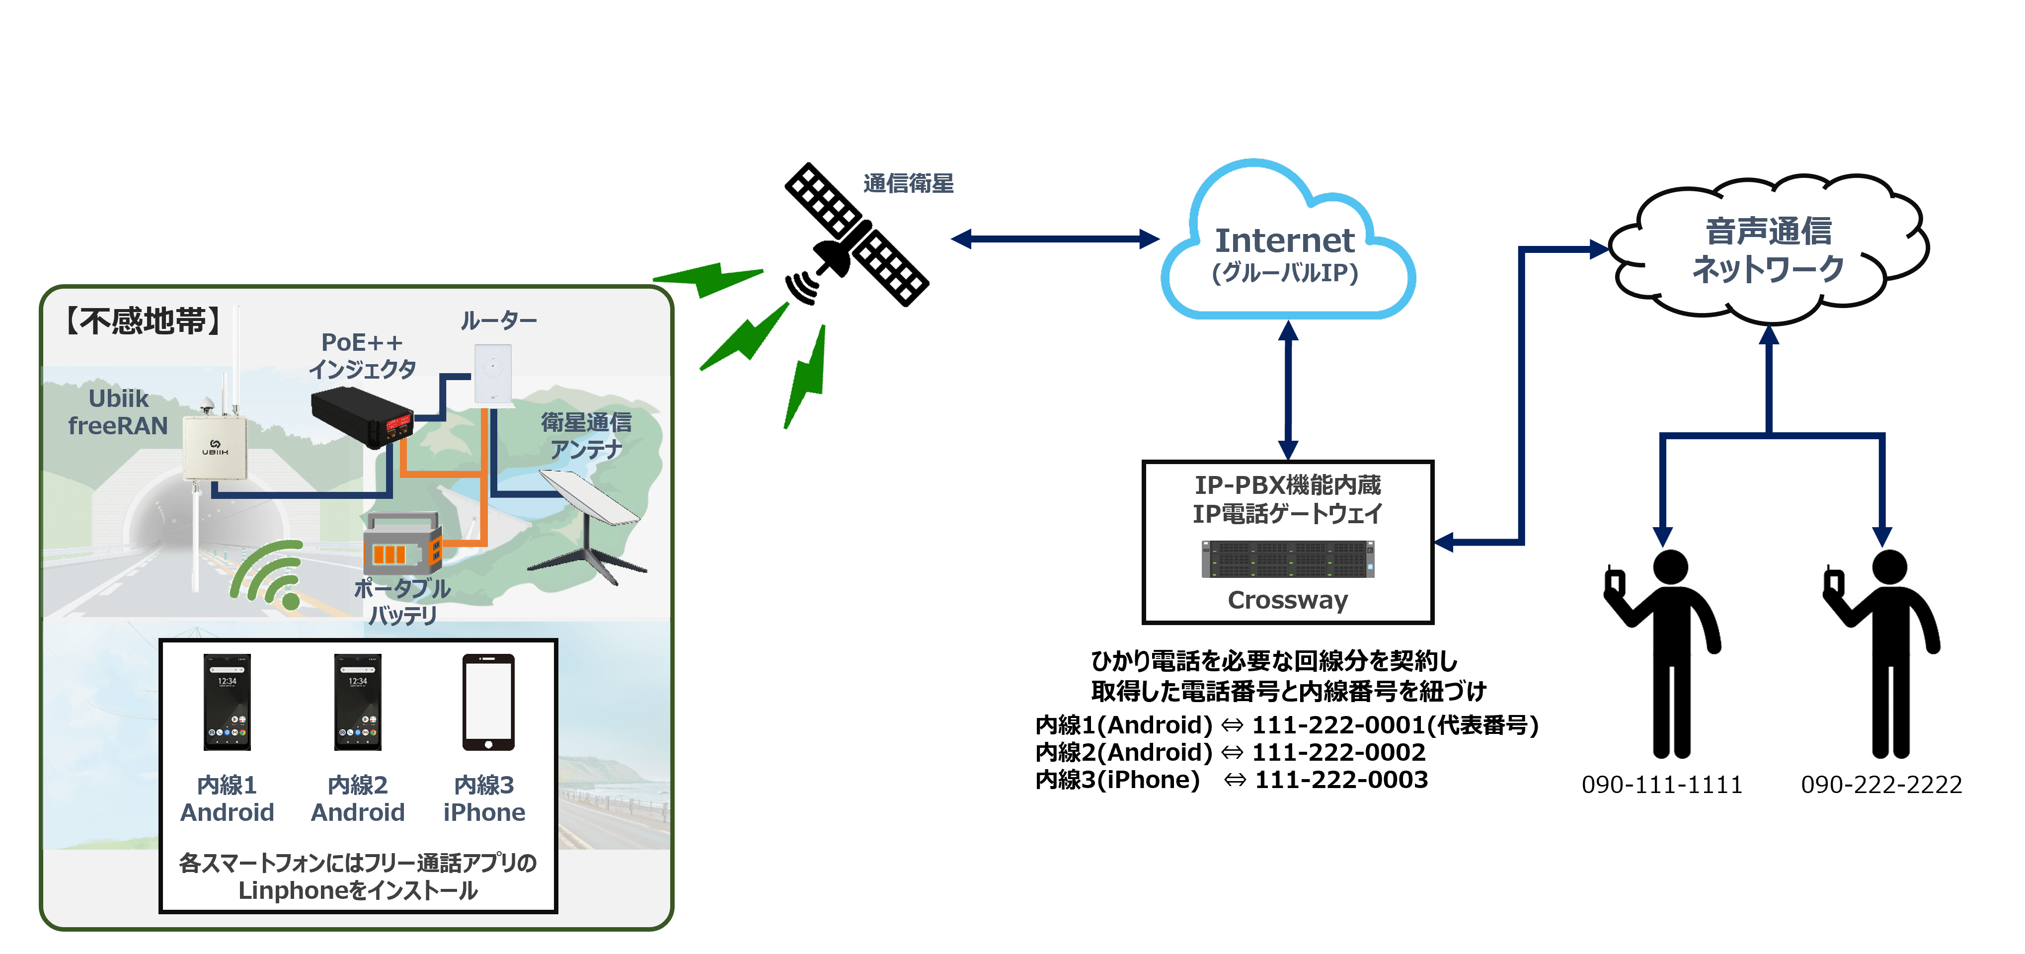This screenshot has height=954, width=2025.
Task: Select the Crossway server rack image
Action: click(1288, 559)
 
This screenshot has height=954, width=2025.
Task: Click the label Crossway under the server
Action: click(1288, 600)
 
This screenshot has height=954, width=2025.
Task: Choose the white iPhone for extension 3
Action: click(488, 702)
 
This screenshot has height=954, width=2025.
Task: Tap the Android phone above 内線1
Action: click(227, 702)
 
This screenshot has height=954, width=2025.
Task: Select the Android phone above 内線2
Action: click(358, 702)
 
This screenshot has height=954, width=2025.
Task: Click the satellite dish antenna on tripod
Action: click(590, 519)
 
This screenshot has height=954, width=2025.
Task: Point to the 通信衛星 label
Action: click(908, 183)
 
